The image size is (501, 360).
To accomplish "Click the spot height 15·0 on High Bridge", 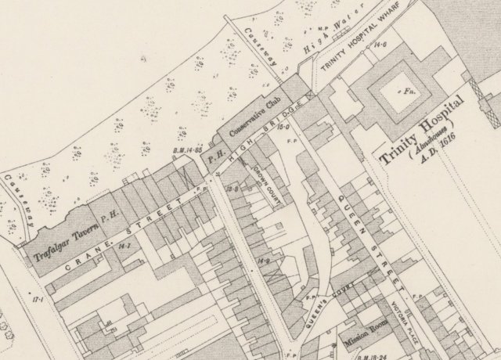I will pyautogui.click(x=283, y=126).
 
